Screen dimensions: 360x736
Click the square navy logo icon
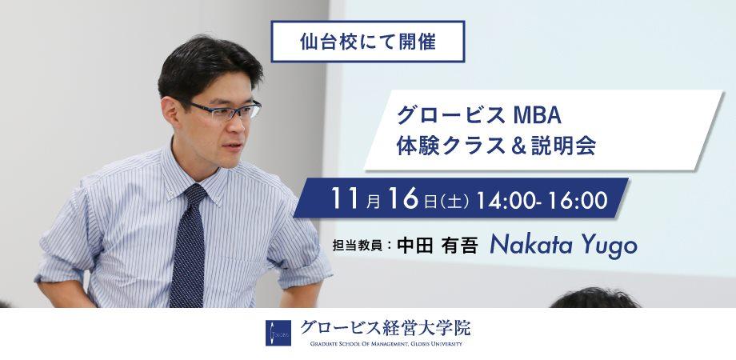coord(278,333)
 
